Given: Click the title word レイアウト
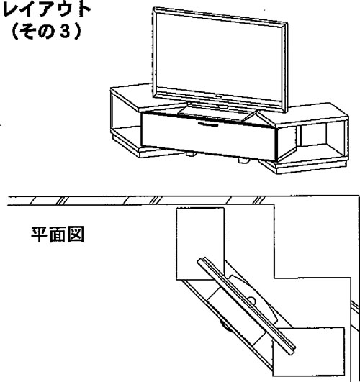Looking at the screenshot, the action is pyautogui.click(x=46, y=9).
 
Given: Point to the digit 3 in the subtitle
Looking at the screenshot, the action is pyautogui.click(x=65, y=32).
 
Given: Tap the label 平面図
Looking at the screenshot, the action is pyautogui.click(x=58, y=235).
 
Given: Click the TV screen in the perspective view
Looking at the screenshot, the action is pyautogui.click(x=220, y=57).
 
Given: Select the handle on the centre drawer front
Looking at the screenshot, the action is pyautogui.click(x=208, y=124).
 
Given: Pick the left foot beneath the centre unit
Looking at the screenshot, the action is pyautogui.click(x=191, y=154).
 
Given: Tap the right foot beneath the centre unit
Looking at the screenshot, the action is pyautogui.click(x=243, y=160).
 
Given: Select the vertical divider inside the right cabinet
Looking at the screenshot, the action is pyautogui.click(x=299, y=135).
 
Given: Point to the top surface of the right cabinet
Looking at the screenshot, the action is pyautogui.click(x=302, y=112).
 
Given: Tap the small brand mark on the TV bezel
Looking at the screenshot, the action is pyautogui.click(x=219, y=96).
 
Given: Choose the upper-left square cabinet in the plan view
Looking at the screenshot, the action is pyautogui.click(x=200, y=244).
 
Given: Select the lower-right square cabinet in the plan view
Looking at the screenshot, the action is pyautogui.click(x=309, y=352).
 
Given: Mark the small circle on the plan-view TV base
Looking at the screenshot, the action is pyautogui.click(x=252, y=301).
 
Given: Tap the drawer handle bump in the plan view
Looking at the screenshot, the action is pyautogui.click(x=225, y=327).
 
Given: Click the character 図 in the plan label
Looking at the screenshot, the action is pyautogui.click(x=76, y=235).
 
